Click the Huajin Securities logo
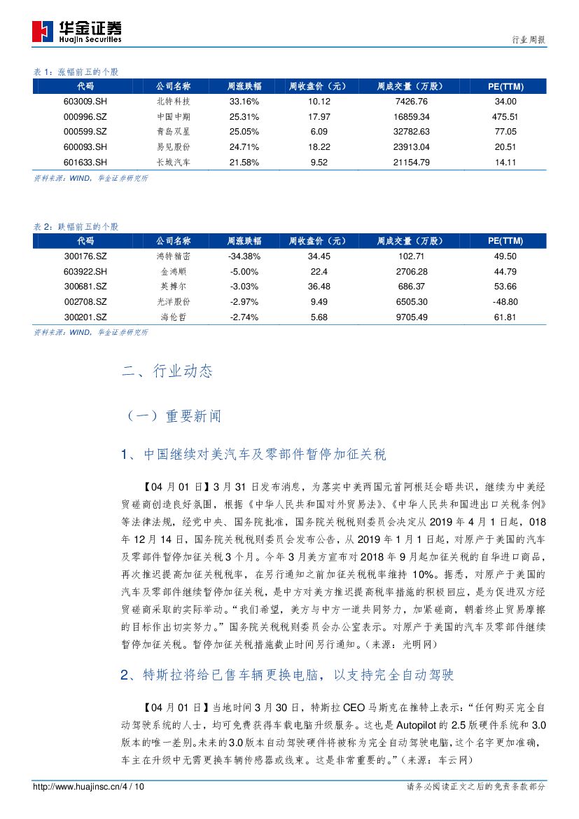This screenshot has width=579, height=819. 78,32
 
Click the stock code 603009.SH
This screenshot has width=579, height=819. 85,101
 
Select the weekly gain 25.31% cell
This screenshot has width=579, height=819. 244,116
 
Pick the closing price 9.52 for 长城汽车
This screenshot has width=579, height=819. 319,163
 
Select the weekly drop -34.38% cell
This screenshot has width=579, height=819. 244,256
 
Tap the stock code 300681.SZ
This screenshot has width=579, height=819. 85,287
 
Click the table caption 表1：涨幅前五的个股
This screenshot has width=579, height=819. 76,72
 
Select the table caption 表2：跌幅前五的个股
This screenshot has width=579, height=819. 76,227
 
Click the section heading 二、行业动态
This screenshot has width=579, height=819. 167,371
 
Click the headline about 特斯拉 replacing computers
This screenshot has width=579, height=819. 288,676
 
